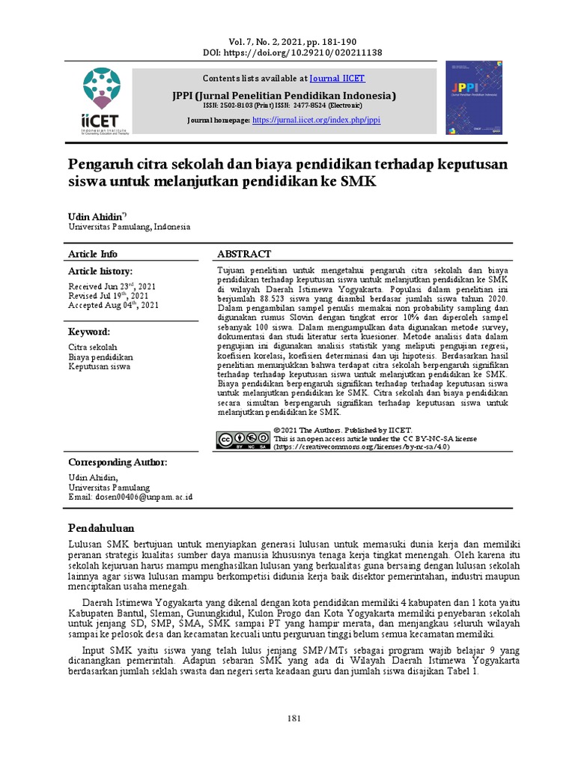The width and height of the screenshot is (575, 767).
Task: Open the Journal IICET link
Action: (338, 78)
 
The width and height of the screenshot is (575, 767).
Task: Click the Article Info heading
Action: (93, 254)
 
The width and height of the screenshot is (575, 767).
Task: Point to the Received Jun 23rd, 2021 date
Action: (113, 286)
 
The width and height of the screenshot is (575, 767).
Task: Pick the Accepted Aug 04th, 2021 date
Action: (114, 306)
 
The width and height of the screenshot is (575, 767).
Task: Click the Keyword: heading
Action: (90, 331)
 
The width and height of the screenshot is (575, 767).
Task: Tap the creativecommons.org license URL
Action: (362, 447)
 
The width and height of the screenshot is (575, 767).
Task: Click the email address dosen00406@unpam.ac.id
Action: (131, 497)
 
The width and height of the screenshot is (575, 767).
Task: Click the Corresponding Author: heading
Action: (118, 462)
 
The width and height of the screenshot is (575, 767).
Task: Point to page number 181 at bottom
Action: (294, 719)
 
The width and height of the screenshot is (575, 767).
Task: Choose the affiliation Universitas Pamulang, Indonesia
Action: (130, 226)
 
